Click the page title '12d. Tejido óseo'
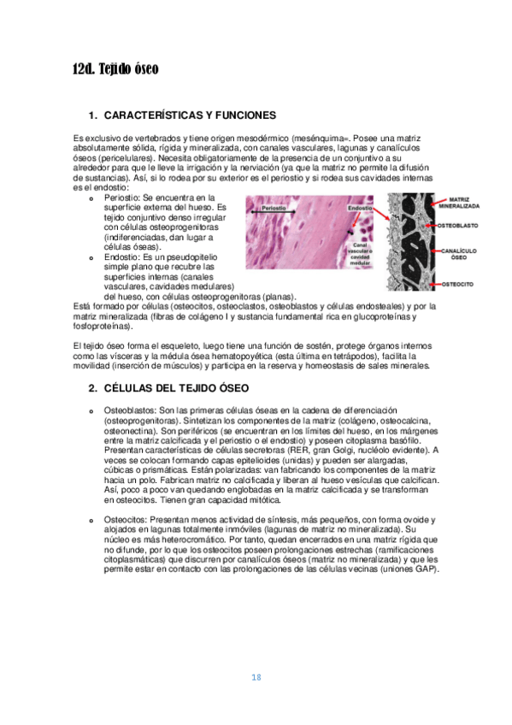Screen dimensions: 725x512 point(115,69)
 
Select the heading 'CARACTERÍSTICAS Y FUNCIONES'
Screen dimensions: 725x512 point(189,115)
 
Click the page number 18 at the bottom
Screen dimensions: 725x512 point(256,678)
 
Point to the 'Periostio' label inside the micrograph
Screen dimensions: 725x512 point(274,208)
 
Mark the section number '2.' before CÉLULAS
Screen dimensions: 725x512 point(93,387)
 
